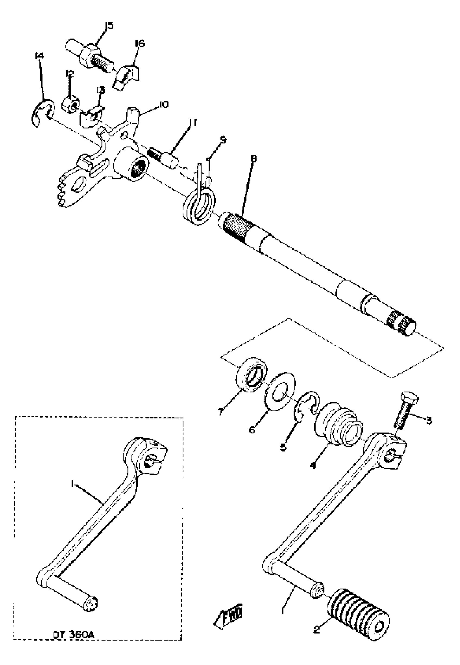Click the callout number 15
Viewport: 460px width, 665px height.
(109, 26)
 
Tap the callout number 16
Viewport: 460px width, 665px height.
(140, 44)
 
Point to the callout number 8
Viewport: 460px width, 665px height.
(253, 158)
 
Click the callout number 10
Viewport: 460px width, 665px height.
(163, 105)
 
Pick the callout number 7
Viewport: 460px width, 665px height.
(221, 412)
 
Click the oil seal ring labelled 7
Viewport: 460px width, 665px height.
(251, 375)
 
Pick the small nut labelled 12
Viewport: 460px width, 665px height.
(71, 103)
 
